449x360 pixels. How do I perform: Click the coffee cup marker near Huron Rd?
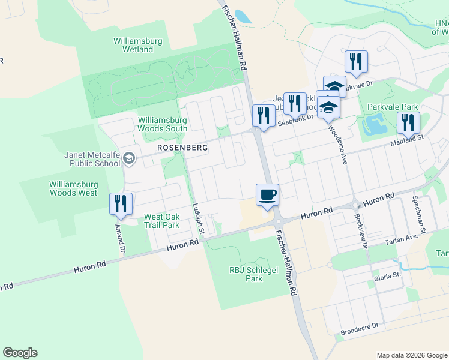(268, 195)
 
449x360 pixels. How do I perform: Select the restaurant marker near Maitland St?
(408, 122)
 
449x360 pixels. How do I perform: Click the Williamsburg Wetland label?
(133, 46)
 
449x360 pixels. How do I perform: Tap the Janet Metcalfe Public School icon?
(128, 158)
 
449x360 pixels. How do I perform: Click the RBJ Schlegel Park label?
(246, 274)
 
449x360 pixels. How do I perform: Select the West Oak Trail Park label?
(161, 221)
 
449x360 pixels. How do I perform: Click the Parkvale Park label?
(393, 107)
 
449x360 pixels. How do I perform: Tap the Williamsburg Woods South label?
(162, 124)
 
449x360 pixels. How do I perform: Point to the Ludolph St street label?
(199, 218)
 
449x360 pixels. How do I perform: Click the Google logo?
(20, 353)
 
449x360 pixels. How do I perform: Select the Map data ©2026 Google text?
(412, 355)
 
